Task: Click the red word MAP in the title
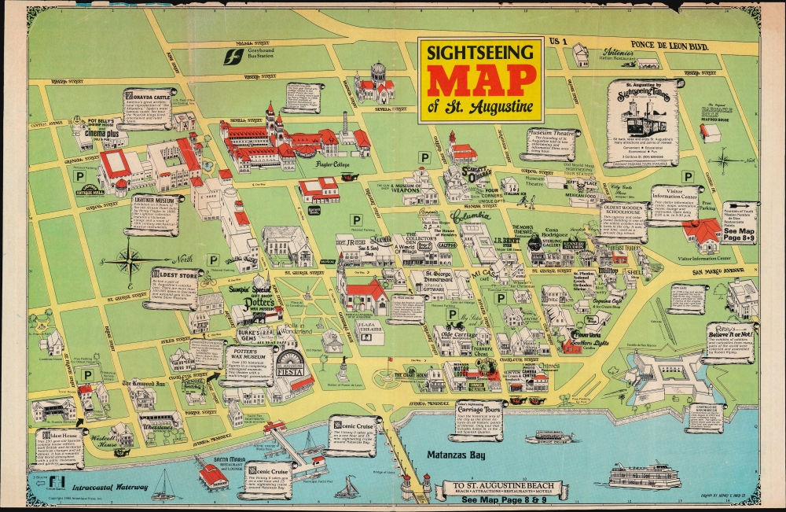click(479, 80)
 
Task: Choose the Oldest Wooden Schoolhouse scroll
click(623, 221)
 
